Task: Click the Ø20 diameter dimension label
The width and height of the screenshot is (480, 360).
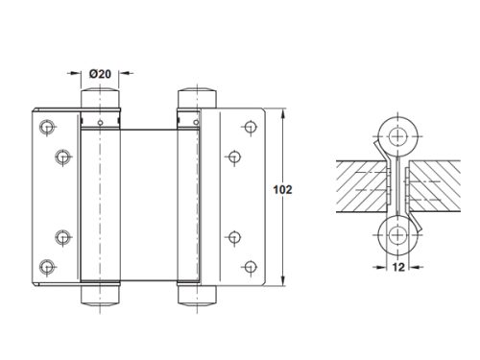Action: [x=100, y=74]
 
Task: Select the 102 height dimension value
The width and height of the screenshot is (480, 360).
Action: [x=282, y=190]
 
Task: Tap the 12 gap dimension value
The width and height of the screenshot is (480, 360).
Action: [x=398, y=267]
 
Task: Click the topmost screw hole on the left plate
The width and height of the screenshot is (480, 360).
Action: [x=47, y=128]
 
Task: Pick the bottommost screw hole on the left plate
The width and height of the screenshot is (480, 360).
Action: [x=47, y=267]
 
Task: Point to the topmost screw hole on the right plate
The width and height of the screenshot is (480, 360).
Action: [x=251, y=127]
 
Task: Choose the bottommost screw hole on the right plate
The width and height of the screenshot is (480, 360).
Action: [x=251, y=267]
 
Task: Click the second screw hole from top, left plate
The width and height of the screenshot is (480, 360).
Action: [x=62, y=156]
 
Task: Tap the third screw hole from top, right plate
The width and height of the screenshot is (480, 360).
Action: [x=234, y=237]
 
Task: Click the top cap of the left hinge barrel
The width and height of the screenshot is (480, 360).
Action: [x=100, y=98]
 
